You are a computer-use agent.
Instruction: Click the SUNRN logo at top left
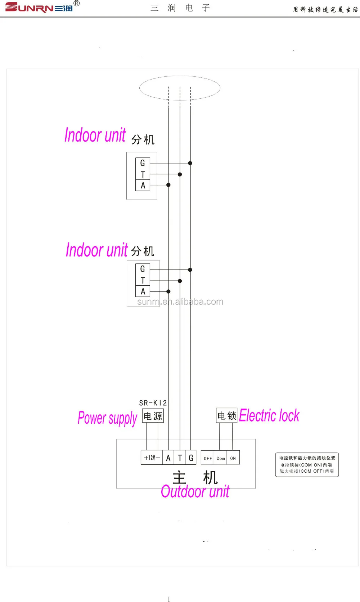[39, 7]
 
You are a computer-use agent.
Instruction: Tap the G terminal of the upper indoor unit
[143, 163]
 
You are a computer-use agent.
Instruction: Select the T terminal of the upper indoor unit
[143, 174]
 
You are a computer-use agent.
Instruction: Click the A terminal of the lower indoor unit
[143, 291]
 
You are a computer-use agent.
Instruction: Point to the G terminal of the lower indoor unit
[143, 269]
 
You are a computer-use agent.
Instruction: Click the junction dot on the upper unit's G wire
[190, 163]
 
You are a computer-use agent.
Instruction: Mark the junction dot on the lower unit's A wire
[168, 291]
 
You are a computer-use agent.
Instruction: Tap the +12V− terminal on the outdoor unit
[152, 458]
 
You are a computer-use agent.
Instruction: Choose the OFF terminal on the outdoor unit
[207, 458]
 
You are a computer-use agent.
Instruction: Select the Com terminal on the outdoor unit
[220, 458]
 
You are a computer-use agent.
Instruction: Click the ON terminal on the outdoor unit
[233, 458]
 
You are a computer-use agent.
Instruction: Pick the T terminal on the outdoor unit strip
[180, 458]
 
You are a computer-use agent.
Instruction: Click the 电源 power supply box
[153, 416]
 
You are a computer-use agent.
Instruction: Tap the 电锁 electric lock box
[227, 416]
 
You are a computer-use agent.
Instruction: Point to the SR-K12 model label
[153, 403]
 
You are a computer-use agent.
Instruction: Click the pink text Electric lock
[269, 415]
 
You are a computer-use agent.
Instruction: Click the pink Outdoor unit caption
[195, 491]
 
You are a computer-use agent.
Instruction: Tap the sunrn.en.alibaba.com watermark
[180, 302]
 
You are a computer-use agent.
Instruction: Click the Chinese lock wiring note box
[307, 465]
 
